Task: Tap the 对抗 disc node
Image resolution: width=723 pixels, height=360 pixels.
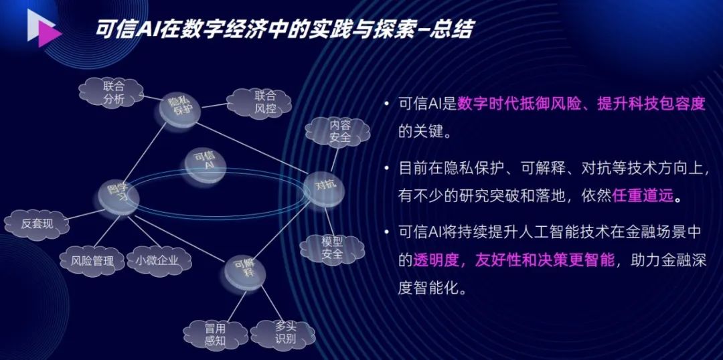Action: pos(325,185)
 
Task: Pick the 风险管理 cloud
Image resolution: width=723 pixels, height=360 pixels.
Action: pos(92,260)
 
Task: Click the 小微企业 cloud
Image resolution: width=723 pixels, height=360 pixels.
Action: pos(157,260)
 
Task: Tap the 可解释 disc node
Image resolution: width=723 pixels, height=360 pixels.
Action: pos(243,272)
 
